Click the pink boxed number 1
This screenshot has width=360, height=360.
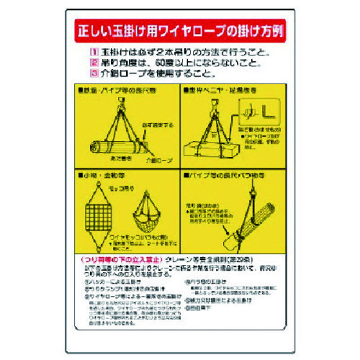tap(92, 53)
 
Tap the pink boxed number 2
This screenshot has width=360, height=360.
tap(92, 63)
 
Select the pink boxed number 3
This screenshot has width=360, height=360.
tap(92, 73)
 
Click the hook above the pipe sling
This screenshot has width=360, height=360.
tap(120, 104)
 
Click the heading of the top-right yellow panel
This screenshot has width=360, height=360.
tap(215, 93)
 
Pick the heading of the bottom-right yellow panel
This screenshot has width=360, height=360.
tap(215, 175)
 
